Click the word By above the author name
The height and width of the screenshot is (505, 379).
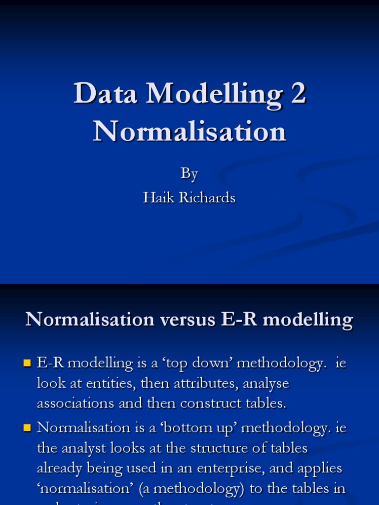pos(189,174)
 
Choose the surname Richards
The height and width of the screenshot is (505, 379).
pos(208,198)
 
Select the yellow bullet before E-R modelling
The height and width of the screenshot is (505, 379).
pos(28,364)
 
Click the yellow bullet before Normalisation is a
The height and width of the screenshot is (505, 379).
pos(28,428)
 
